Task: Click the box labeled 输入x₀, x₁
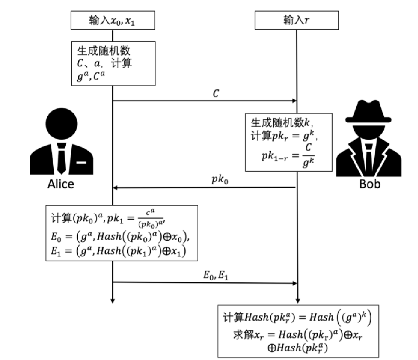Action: coord(112,21)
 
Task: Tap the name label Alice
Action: coord(60,184)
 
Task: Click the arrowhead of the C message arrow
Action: coord(295,101)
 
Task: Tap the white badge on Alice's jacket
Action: coord(82,163)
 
